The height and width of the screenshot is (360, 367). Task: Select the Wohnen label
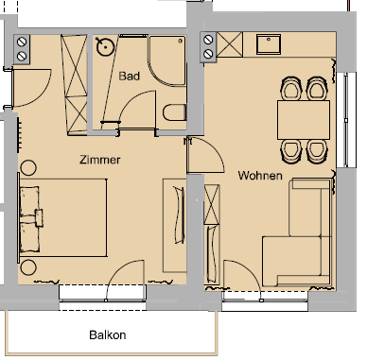pyautogui.click(x=262, y=175)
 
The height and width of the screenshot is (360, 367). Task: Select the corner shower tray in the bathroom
pyautogui.click(x=167, y=58)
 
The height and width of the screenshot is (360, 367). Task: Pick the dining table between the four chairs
pyautogui.click(x=302, y=119)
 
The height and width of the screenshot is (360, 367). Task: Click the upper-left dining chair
pyautogui.click(x=289, y=90)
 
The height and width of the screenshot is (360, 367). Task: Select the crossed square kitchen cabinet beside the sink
pyautogui.click(x=228, y=43)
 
